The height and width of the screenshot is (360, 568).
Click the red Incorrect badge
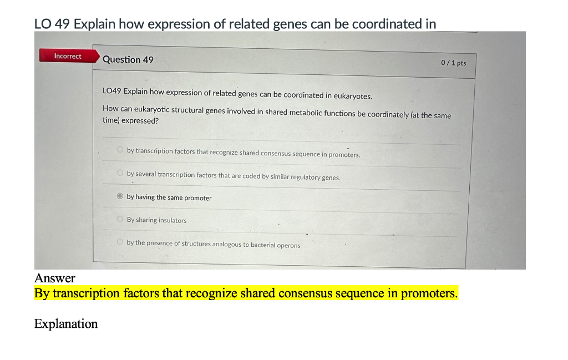point(67,56)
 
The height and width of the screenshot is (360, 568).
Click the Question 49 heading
point(128,59)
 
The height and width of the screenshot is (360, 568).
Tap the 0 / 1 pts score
point(453,63)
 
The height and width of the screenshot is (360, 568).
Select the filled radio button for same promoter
point(119,196)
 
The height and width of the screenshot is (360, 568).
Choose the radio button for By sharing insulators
point(119,220)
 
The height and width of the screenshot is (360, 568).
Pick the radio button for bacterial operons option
point(119,242)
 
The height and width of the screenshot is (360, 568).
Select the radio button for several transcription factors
point(119,173)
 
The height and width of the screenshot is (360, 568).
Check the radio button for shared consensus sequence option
point(119,150)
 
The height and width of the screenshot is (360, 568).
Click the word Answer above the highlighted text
point(54,277)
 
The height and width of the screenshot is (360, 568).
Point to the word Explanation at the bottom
point(65,324)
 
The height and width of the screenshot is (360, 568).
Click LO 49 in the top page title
point(52,24)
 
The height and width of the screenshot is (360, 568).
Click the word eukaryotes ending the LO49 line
point(353,96)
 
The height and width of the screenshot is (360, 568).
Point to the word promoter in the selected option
point(197,198)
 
